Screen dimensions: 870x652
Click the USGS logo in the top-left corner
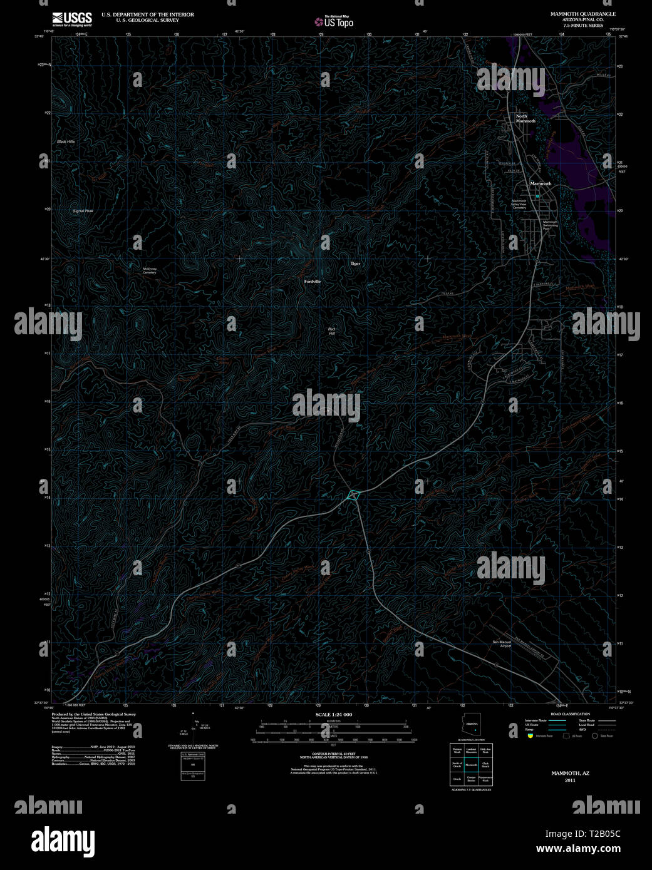pos(72,18)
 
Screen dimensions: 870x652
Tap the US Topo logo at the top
pos(334,22)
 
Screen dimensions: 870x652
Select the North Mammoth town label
pos(525,118)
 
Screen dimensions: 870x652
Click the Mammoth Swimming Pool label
pos(550,225)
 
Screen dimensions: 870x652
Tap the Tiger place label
pos(355,264)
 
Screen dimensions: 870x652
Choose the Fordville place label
pos(312,282)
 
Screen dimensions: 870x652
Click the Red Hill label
pos(332,331)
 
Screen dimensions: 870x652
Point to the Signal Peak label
pos(83,211)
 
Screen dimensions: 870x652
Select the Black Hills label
pos(66,142)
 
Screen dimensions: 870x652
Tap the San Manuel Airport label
pos(502,643)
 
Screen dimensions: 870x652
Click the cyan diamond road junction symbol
pos(354,495)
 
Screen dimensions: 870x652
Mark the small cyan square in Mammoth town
pos(537,196)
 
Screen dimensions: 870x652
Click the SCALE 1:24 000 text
pos(333,714)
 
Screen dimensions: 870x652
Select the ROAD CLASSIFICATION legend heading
pos(570,714)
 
